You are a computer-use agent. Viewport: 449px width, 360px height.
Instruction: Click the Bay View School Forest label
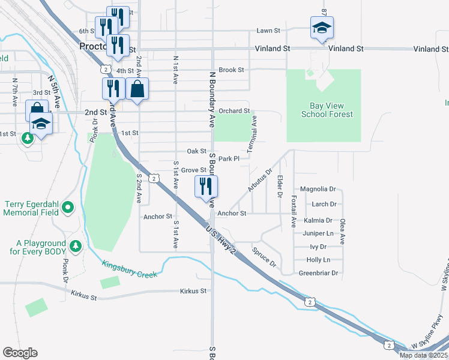(327, 110)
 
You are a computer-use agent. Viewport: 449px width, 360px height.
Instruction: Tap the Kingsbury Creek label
(129, 268)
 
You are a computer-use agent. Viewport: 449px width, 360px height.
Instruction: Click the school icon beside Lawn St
(322, 28)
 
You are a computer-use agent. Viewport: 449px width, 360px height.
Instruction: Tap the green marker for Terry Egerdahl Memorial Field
(68, 208)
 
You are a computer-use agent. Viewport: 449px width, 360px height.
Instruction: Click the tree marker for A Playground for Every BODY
(75, 246)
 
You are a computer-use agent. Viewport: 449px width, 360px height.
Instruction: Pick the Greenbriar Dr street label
(319, 273)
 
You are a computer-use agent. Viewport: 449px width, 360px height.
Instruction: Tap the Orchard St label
(234, 111)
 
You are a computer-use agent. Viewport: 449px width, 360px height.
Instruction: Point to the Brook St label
(231, 70)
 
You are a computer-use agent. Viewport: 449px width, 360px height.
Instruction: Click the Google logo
(20, 353)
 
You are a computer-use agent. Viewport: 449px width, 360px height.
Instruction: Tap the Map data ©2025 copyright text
(423, 355)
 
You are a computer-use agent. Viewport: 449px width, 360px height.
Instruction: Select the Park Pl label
(229, 159)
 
